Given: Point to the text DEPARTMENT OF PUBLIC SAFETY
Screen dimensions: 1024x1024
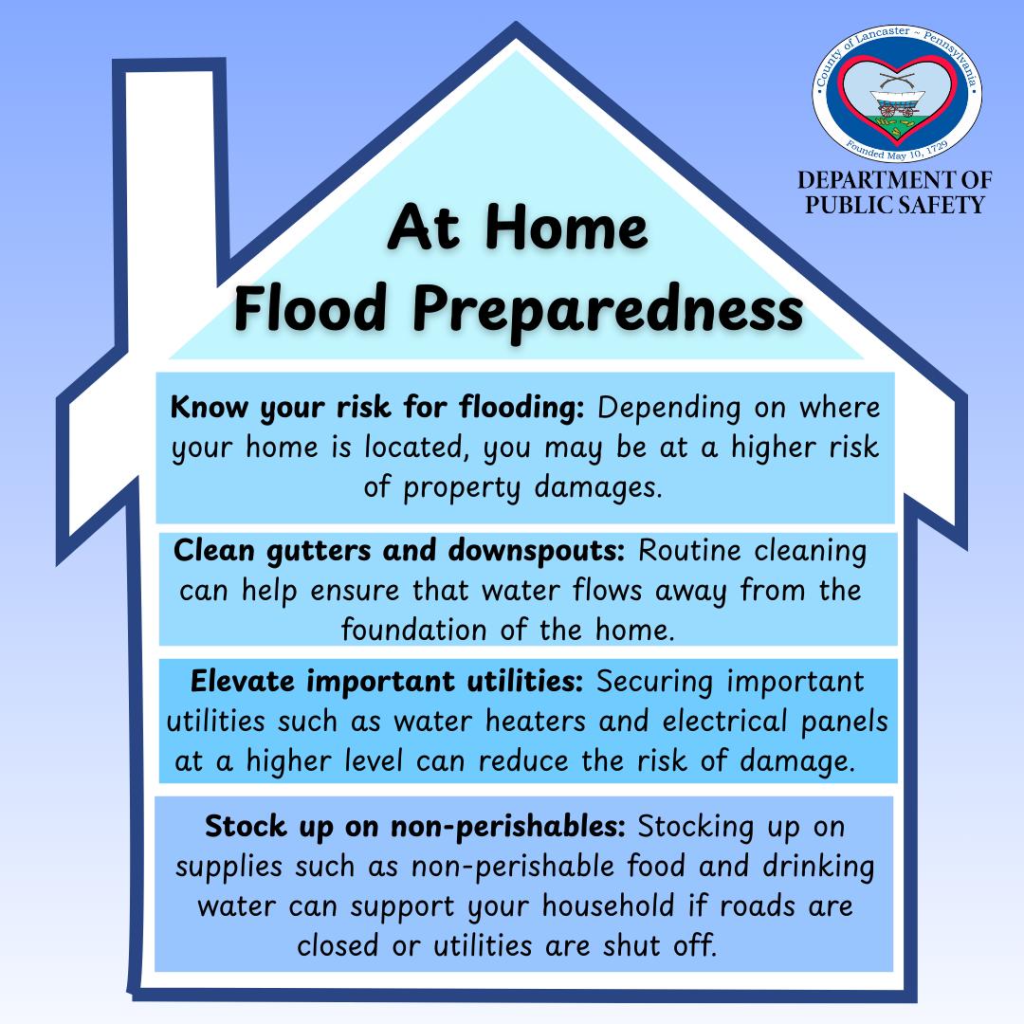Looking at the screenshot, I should tap(894, 192).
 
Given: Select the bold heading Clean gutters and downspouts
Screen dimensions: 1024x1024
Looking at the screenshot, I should tap(401, 550).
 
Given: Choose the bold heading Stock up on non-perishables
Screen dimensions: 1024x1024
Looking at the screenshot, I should tap(415, 826).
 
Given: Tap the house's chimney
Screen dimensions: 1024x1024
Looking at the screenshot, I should tap(172, 190).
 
